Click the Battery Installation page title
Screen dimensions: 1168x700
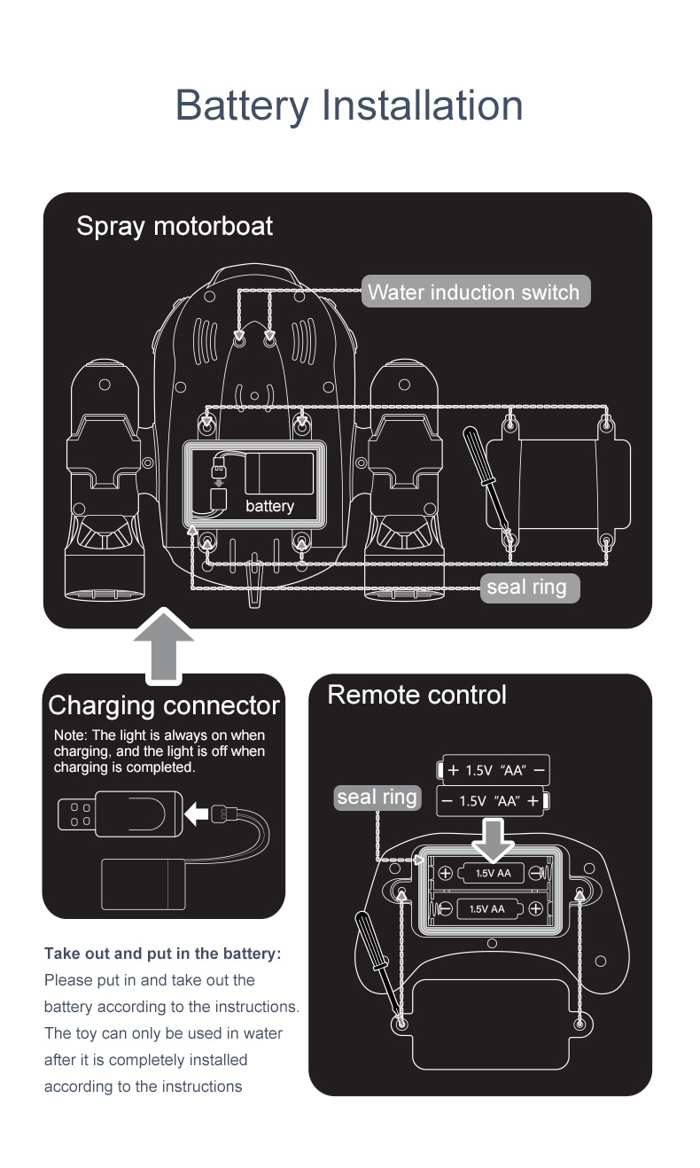pyautogui.click(x=349, y=105)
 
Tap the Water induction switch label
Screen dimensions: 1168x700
pyautogui.click(x=474, y=292)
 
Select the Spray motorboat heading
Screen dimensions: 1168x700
pyautogui.click(x=175, y=226)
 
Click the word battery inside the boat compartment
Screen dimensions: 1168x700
pyautogui.click(x=269, y=506)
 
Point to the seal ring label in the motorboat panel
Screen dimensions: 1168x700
pyautogui.click(x=527, y=588)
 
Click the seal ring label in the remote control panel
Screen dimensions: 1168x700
pyautogui.click(x=377, y=797)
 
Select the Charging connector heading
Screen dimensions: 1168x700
pyautogui.click(x=164, y=705)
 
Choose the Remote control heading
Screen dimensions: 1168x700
pyautogui.click(x=416, y=695)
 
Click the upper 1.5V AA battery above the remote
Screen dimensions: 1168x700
pyautogui.click(x=494, y=770)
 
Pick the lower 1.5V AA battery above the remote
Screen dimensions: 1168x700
pyautogui.click(x=494, y=801)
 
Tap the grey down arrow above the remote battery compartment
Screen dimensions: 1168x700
pyautogui.click(x=494, y=837)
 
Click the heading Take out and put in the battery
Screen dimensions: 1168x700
pyautogui.click(x=162, y=954)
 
